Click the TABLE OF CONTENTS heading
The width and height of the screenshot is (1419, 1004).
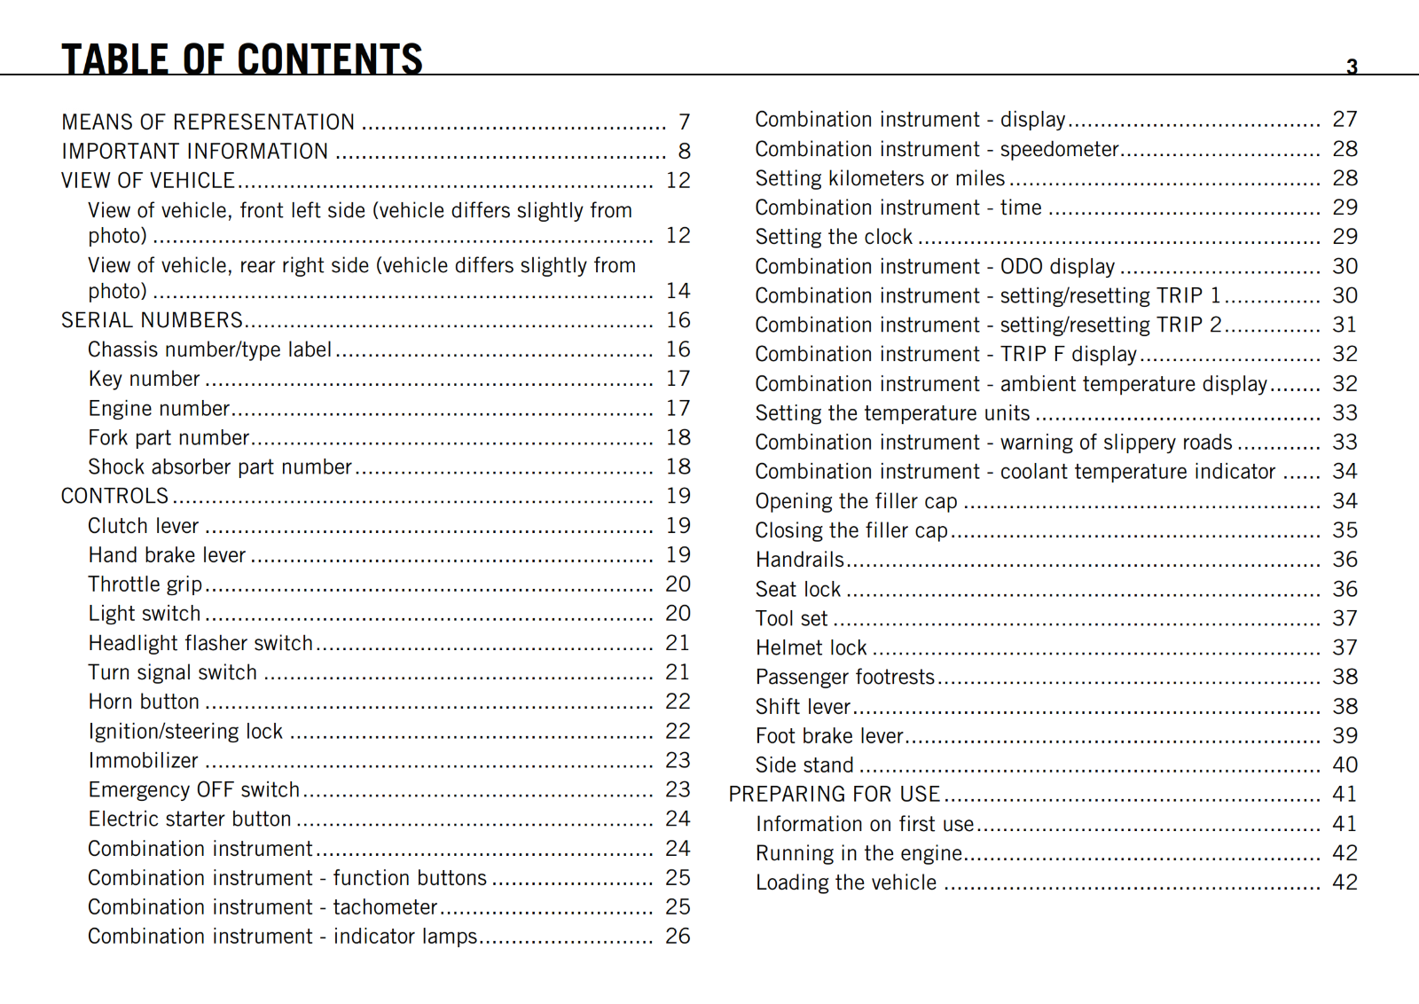click(x=241, y=59)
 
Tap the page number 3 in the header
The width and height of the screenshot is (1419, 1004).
click(x=1352, y=67)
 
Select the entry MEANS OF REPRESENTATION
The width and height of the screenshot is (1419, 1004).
click(x=208, y=122)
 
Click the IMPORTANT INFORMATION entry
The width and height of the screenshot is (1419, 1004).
click(x=194, y=152)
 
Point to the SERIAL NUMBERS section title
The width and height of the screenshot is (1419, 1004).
click(x=152, y=320)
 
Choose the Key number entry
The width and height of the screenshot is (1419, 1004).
click(x=144, y=379)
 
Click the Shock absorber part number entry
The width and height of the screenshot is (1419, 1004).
click(x=219, y=467)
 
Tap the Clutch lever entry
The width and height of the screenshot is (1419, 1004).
click(x=143, y=526)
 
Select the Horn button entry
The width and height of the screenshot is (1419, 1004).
click(x=144, y=702)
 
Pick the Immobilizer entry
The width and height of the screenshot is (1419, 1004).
click(x=143, y=760)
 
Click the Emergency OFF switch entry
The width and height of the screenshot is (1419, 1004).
click(x=193, y=789)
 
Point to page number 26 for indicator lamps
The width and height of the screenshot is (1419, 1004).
click(x=678, y=936)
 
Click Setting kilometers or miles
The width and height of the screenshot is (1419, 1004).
click(x=880, y=178)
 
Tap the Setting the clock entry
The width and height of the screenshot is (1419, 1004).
click(x=834, y=237)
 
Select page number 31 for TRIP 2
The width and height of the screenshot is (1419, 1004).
click(x=1345, y=325)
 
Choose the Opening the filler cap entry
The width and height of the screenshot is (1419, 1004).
click(x=856, y=501)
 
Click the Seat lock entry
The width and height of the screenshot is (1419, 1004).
click(x=797, y=589)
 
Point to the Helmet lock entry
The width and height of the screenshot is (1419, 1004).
click(x=811, y=647)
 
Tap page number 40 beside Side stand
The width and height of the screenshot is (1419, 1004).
click(x=1345, y=765)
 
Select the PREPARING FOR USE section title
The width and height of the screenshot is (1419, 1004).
click(x=834, y=794)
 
